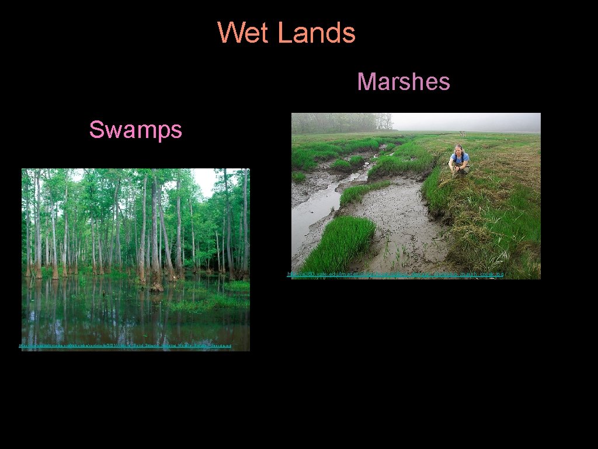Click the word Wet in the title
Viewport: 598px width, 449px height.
tap(244, 33)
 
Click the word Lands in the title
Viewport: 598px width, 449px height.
tap(317, 33)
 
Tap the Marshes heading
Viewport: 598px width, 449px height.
tap(404, 82)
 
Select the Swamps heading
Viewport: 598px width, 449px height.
tap(135, 130)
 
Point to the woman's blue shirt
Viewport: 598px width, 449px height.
tap(460, 158)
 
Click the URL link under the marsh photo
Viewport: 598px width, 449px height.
tap(395, 274)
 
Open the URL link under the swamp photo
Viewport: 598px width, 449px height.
tap(125, 346)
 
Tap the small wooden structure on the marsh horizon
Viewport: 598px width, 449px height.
tap(462, 134)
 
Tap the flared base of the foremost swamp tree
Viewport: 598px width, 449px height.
tap(157, 285)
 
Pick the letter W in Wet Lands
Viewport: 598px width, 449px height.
tap(231, 33)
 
